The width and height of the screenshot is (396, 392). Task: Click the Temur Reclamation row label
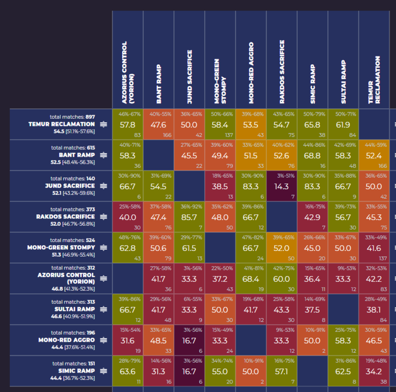(62, 124)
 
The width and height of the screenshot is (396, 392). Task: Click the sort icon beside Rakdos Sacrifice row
(103, 216)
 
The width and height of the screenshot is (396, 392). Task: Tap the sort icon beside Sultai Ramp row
(103, 309)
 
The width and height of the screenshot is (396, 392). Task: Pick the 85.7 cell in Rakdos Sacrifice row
(189, 217)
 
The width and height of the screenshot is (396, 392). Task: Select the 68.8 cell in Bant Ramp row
(312, 155)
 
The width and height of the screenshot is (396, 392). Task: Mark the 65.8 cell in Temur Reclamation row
(312, 124)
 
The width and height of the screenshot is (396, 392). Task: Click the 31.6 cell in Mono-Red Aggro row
(127, 340)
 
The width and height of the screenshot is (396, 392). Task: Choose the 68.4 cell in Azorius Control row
(251, 279)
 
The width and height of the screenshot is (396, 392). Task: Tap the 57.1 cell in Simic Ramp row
(282, 371)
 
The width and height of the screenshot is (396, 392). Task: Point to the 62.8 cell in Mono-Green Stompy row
(127, 248)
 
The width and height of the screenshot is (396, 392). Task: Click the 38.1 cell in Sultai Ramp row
(374, 309)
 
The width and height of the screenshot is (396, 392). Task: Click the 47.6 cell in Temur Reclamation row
(158, 124)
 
